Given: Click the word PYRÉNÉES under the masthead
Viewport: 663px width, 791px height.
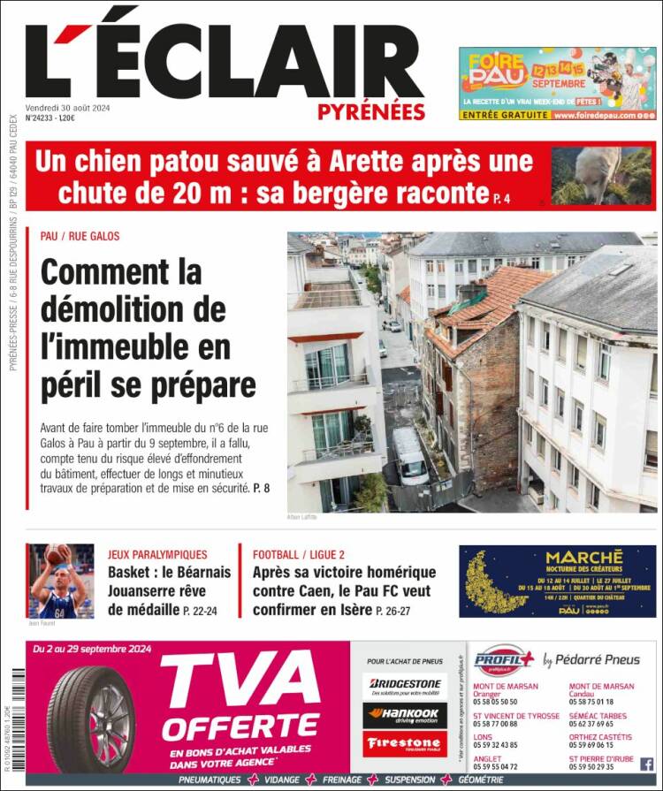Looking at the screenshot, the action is [371, 112].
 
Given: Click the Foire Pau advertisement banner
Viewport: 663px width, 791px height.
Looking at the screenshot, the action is [557, 83].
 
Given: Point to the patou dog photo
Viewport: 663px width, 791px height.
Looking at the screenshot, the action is [600, 175].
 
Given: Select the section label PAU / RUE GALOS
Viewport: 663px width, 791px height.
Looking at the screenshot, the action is [80, 237].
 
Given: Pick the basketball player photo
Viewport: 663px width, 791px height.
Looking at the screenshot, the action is [60, 581].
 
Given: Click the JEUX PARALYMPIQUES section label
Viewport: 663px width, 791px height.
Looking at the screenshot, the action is [157, 555].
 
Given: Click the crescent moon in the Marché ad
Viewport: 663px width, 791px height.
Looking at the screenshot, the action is [491, 582].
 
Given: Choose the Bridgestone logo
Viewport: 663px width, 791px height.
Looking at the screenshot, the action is [406, 684].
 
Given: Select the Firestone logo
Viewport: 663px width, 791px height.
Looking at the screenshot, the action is [406, 743].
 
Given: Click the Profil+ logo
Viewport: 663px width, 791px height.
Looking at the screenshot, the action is [505, 660].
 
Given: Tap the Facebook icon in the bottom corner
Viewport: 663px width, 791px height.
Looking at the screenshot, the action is [646, 764].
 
